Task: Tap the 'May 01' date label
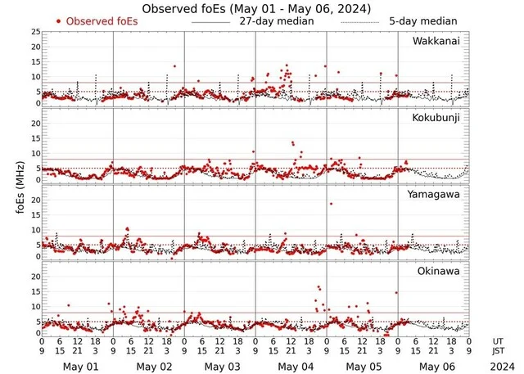[x=79, y=366]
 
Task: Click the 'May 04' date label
[x=293, y=366]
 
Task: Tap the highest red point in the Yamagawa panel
[x=331, y=204]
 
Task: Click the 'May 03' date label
[x=222, y=366]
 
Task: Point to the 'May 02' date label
[x=151, y=366]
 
